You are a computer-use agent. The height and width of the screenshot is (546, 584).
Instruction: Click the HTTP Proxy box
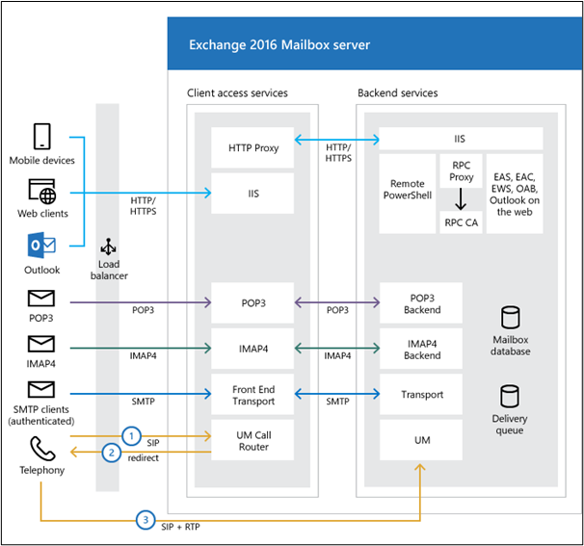click(252, 147)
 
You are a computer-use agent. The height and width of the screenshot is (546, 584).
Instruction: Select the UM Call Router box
click(252, 440)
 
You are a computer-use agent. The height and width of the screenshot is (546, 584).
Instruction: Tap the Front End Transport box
click(252, 395)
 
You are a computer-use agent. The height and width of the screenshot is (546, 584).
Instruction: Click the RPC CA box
click(461, 222)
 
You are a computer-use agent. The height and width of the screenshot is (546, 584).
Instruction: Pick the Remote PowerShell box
click(408, 194)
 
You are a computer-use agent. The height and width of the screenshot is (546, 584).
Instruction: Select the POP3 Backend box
click(421, 303)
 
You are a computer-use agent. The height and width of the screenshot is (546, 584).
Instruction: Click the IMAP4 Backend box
click(421, 349)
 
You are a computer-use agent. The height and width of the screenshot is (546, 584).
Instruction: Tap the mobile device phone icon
click(41, 137)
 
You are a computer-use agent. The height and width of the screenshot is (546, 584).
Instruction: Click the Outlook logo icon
click(41, 246)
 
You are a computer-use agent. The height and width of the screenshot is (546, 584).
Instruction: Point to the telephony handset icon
click(42, 449)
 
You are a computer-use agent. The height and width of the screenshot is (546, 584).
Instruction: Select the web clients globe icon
click(42, 192)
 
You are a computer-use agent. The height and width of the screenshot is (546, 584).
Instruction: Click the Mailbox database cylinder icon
click(510, 318)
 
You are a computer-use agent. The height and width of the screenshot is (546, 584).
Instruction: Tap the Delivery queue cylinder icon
click(510, 397)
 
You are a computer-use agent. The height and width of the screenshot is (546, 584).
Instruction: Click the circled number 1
click(131, 436)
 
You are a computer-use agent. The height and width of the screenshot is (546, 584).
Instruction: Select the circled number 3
click(146, 520)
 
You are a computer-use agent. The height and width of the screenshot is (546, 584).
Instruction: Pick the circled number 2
click(112, 453)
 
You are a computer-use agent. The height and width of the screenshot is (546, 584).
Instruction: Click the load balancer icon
click(108, 247)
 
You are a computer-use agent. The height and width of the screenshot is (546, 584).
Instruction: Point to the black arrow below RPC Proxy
click(461, 199)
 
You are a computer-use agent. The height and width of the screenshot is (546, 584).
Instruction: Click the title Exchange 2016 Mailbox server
click(279, 44)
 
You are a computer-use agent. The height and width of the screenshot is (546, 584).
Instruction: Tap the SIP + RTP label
click(180, 527)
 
